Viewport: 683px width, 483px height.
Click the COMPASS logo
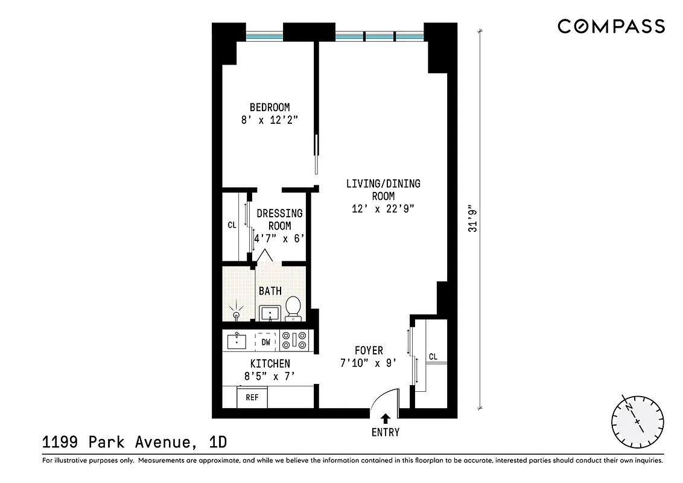(x=611, y=26)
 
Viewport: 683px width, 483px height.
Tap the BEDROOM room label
(x=270, y=107)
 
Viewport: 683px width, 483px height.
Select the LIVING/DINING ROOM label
(x=383, y=190)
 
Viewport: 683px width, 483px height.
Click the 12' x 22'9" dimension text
(x=383, y=209)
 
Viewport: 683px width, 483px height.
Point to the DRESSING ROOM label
(x=279, y=220)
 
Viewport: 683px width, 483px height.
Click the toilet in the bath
(x=293, y=307)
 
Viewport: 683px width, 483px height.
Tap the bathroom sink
(x=270, y=313)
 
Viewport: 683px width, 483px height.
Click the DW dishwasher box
(x=265, y=342)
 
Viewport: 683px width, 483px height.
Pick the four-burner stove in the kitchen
(x=295, y=342)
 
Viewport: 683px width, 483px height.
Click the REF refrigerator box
(x=252, y=398)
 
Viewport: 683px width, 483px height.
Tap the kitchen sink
(x=237, y=342)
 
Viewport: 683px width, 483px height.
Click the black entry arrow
(x=386, y=418)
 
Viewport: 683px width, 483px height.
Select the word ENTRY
(x=386, y=432)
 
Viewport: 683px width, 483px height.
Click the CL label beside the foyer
(x=433, y=357)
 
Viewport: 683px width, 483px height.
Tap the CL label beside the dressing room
(x=232, y=225)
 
